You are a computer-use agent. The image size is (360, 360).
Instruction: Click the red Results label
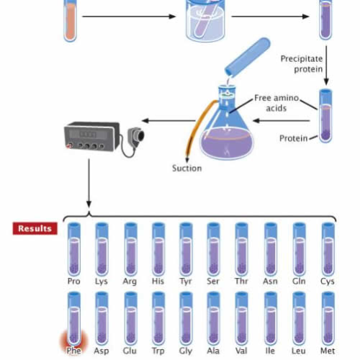[35, 228]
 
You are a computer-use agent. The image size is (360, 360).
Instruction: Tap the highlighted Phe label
[73, 351]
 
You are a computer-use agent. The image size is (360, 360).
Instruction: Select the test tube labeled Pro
[73, 248]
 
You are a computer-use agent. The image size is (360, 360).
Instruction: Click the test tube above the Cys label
[328, 248]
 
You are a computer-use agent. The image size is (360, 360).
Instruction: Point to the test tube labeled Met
[328, 317]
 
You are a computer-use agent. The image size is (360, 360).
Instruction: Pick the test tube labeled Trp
[158, 317]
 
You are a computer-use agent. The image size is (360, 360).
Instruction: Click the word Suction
[186, 168]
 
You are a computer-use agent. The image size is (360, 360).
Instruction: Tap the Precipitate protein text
[302, 63]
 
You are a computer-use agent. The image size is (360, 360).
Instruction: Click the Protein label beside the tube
[293, 138]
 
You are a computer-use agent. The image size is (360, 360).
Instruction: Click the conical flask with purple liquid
[227, 133]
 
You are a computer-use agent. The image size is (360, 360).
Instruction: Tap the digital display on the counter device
[88, 134]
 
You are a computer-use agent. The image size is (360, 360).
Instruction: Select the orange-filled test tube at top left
[70, 20]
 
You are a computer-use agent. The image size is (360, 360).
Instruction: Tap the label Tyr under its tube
[186, 282]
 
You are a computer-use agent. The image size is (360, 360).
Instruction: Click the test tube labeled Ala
[214, 317]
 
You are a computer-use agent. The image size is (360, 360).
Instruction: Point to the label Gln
[299, 282]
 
